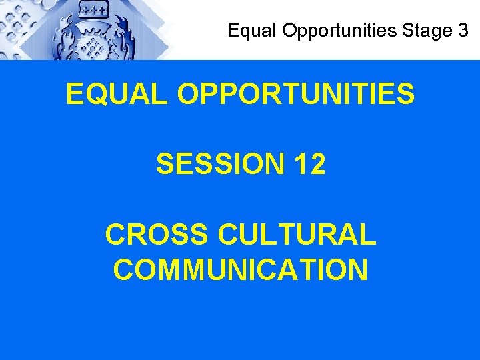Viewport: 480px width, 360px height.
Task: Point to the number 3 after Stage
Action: click(463, 30)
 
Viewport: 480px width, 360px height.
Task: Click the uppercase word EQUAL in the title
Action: click(117, 95)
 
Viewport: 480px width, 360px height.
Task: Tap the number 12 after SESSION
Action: click(309, 165)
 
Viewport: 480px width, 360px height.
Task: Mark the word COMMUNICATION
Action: click(240, 270)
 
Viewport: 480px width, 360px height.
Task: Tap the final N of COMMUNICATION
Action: click(356, 270)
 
